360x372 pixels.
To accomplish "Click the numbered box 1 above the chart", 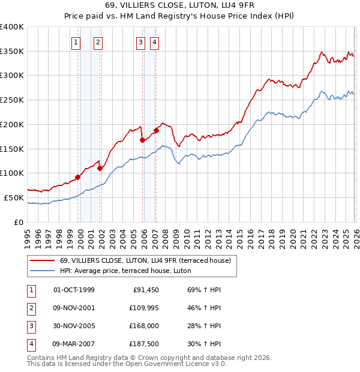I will [x=76, y=42].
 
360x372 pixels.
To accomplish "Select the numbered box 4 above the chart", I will [x=154, y=42].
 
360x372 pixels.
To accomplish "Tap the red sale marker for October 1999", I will [x=78, y=177].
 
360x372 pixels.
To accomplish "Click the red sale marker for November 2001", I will [x=100, y=168].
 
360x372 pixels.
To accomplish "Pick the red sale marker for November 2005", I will [x=143, y=140].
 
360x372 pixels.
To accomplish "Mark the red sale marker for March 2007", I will [x=156, y=130].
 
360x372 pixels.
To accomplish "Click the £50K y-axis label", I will [x=14, y=197].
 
